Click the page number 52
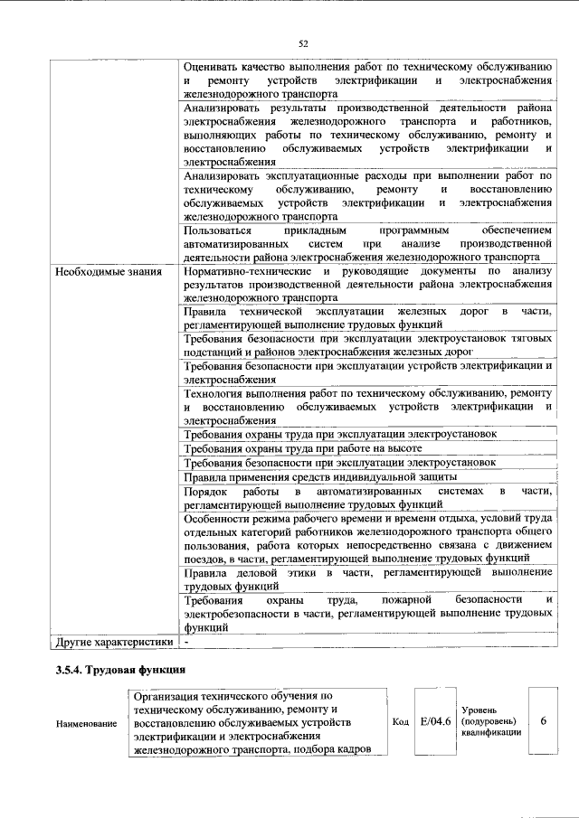(x=303, y=42)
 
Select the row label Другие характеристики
(x=114, y=642)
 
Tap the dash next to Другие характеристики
(x=185, y=642)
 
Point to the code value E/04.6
(x=435, y=721)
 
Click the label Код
(x=401, y=722)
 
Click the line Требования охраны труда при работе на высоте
(x=303, y=448)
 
